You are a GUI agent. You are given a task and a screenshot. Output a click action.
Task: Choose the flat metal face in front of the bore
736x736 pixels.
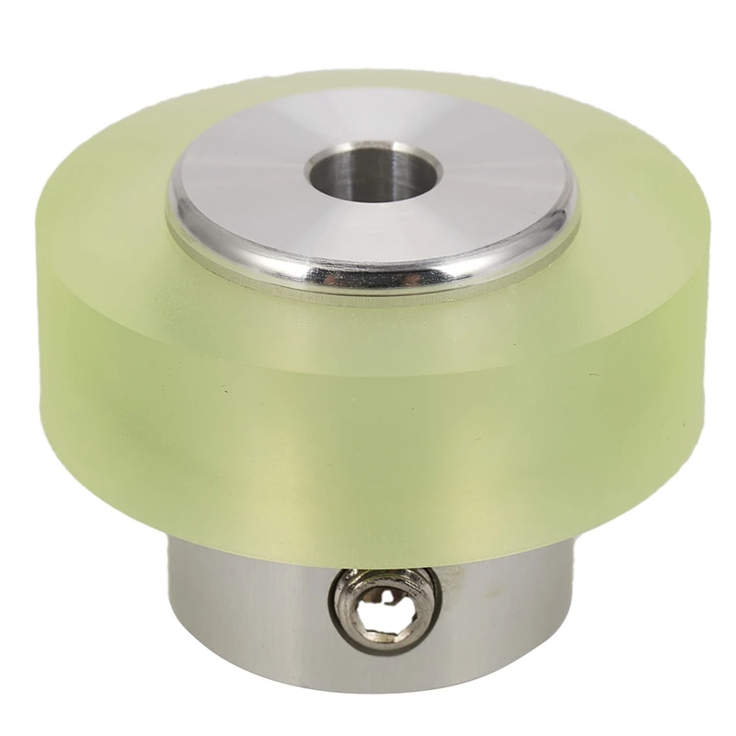pyautogui.click(x=368, y=230)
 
